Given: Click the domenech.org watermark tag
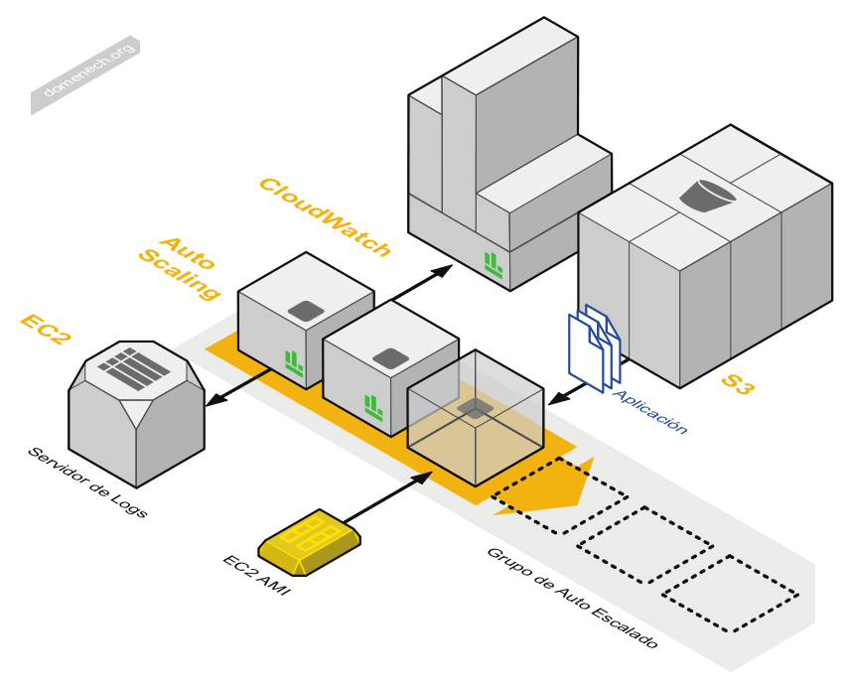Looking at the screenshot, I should point(86,75).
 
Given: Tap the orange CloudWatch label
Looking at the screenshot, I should point(324,216).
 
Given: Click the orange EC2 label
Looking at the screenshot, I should point(46,330).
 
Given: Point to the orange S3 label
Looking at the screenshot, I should point(737,385).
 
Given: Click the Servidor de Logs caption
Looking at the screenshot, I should point(87,483).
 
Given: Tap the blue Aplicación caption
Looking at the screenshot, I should point(649,411).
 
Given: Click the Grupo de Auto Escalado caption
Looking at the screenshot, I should point(572,598).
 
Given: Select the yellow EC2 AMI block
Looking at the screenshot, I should point(309,542).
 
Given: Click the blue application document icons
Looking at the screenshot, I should point(594,346).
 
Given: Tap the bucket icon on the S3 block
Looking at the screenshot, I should point(708,195).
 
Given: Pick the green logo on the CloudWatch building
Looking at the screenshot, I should point(494,263).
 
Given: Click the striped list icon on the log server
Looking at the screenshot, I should point(134,368).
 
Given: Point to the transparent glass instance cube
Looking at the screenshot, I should point(478,417).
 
